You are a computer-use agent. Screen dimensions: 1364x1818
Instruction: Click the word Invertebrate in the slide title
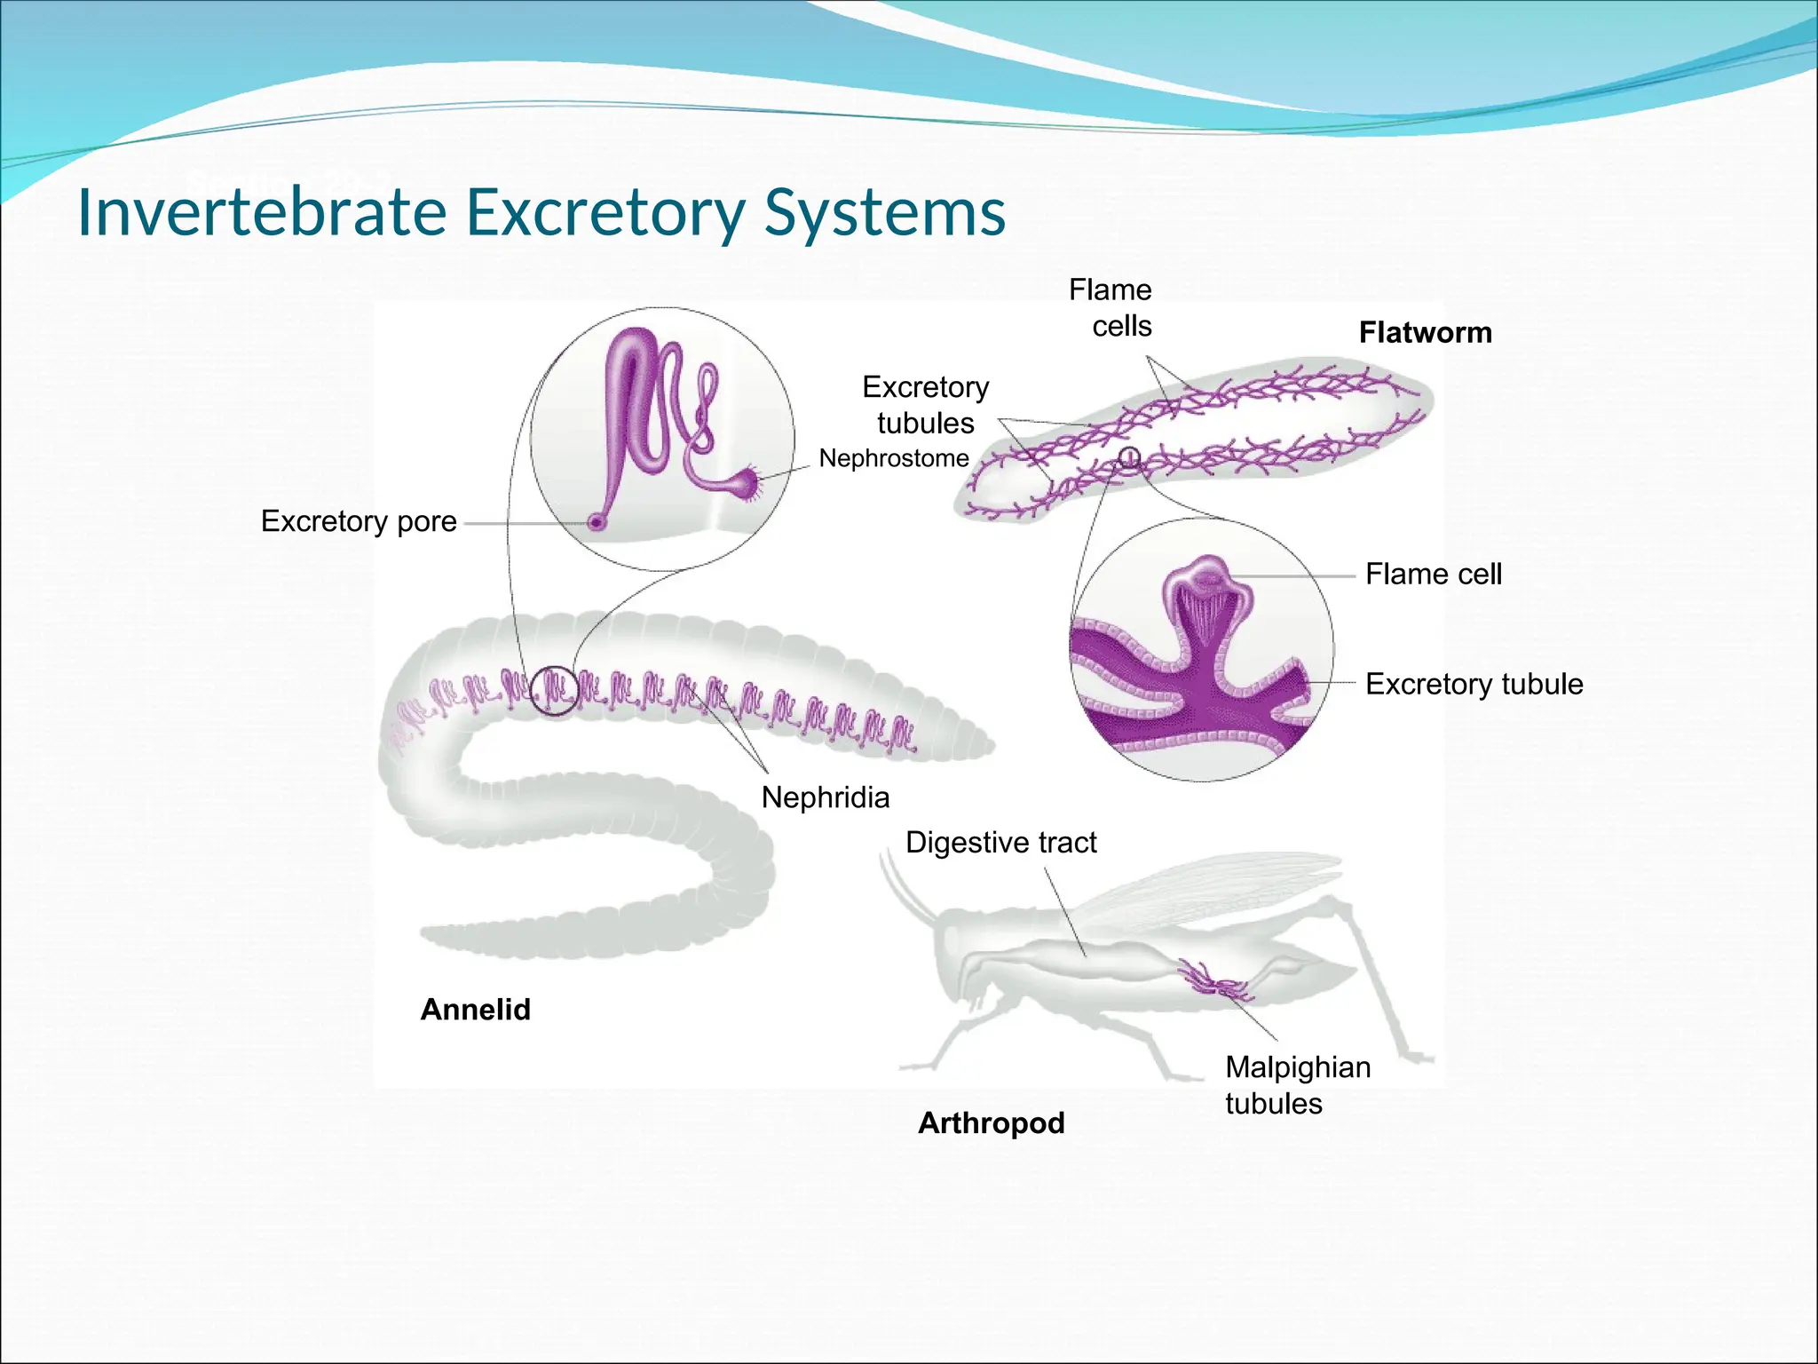[x=262, y=212]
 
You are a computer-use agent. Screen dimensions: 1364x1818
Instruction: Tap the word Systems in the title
[x=884, y=212]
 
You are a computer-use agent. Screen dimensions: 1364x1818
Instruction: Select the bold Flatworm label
[x=1425, y=333]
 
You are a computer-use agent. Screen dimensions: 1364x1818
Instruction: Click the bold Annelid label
[x=475, y=1010]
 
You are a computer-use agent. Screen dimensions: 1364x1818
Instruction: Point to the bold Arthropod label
[x=991, y=1123]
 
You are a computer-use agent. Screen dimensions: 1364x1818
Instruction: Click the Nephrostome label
[x=893, y=458]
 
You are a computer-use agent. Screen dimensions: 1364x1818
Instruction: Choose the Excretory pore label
[x=359, y=521]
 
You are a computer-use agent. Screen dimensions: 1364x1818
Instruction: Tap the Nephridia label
[x=825, y=797]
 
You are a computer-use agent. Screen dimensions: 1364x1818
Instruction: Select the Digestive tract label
[x=1000, y=842]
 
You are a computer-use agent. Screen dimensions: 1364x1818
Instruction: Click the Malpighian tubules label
[x=1297, y=1085]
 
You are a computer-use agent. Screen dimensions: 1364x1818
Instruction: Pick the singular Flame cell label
[x=1433, y=575]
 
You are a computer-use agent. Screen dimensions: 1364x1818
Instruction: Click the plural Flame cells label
[x=1111, y=308]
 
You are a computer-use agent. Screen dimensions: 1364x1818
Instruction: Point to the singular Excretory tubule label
[x=1474, y=685]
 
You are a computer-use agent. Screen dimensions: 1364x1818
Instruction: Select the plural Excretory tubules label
[x=925, y=405]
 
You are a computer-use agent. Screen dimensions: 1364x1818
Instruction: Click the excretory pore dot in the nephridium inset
[x=597, y=523]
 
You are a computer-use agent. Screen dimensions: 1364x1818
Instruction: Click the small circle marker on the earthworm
[x=555, y=690]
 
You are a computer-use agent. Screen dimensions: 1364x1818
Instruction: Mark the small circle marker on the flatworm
[x=1128, y=458]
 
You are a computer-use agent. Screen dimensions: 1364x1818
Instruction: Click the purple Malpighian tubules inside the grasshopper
[x=1212, y=980]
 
